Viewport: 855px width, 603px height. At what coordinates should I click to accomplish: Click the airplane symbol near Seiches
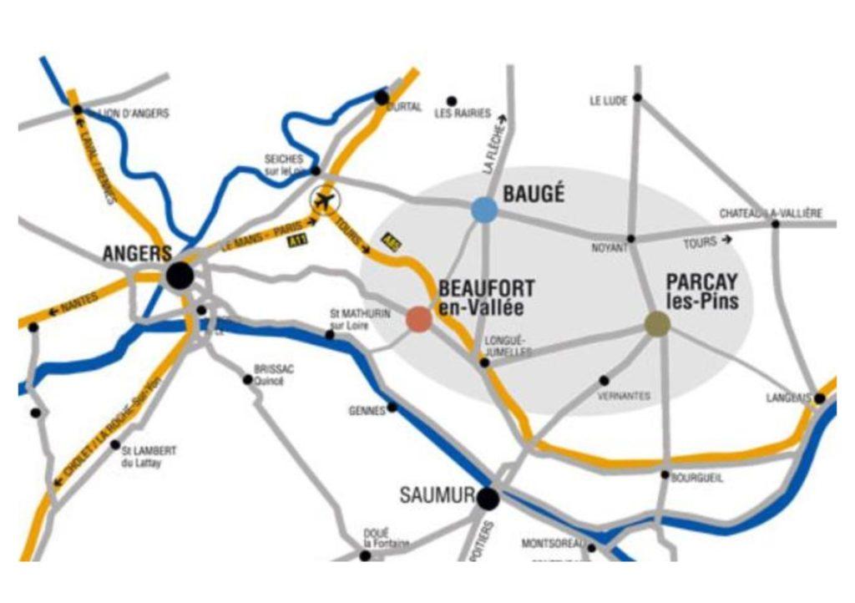point(324,200)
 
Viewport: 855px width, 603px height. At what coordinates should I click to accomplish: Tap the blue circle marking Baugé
point(484,210)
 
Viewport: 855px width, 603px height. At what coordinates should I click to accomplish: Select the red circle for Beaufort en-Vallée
point(419,319)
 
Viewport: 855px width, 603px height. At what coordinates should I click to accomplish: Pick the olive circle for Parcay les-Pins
point(658,324)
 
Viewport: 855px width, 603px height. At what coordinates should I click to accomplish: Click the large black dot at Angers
point(180,276)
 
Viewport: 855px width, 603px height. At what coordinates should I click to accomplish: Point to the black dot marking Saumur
point(488,499)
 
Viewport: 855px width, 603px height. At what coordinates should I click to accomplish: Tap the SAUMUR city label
point(437,495)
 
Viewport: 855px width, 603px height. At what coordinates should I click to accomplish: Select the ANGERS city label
point(137,253)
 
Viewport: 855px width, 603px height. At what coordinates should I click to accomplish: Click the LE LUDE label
point(609,101)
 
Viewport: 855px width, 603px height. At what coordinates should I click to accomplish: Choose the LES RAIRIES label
point(463,114)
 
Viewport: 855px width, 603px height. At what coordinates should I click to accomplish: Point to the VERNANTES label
point(624,396)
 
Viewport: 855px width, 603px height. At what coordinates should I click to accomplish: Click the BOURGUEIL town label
point(698,478)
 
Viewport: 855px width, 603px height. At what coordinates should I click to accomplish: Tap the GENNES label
point(367,411)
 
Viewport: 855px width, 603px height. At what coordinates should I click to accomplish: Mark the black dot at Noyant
point(631,239)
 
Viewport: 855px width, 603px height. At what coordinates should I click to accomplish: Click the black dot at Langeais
point(820,398)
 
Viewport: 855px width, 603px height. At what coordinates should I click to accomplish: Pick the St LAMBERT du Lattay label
point(149,455)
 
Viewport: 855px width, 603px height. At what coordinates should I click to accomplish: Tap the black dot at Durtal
point(382,98)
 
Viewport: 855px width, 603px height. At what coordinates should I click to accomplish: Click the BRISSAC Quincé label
point(274,374)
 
